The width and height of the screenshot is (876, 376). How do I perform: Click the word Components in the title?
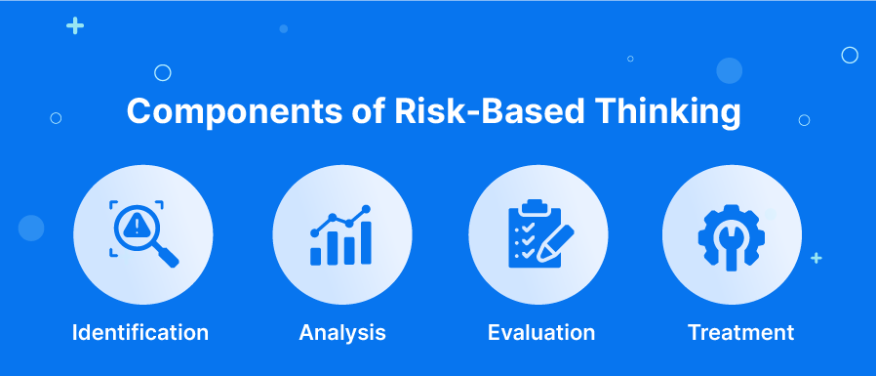pyautogui.click(x=234, y=111)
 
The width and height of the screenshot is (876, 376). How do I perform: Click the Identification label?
pyautogui.click(x=140, y=332)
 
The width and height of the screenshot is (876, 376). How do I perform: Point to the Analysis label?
pyautogui.click(x=342, y=333)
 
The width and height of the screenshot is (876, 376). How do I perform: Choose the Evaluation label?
pyautogui.click(x=541, y=332)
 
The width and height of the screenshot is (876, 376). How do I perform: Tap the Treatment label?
pyautogui.click(x=740, y=332)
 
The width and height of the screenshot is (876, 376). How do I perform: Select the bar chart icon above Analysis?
pyautogui.click(x=341, y=235)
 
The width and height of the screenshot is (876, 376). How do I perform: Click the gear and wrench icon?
pyautogui.click(x=732, y=237)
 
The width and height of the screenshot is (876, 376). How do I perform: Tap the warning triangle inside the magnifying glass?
pyautogui.click(x=134, y=226)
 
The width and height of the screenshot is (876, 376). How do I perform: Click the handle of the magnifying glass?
pyautogui.click(x=166, y=255)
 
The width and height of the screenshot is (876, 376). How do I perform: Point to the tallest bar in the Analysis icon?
pyautogui.click(x=366, y=242)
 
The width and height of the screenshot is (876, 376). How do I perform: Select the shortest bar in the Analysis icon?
pyautogui.click(x=316, y=256)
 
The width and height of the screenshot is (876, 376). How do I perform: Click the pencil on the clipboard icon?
pyautogui.click(x=555, y=243)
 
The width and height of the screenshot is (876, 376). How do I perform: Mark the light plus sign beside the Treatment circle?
pyautogui.click(x=816, y=258)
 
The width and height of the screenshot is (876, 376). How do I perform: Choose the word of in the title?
pyautogui.click(x=368, y=110)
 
